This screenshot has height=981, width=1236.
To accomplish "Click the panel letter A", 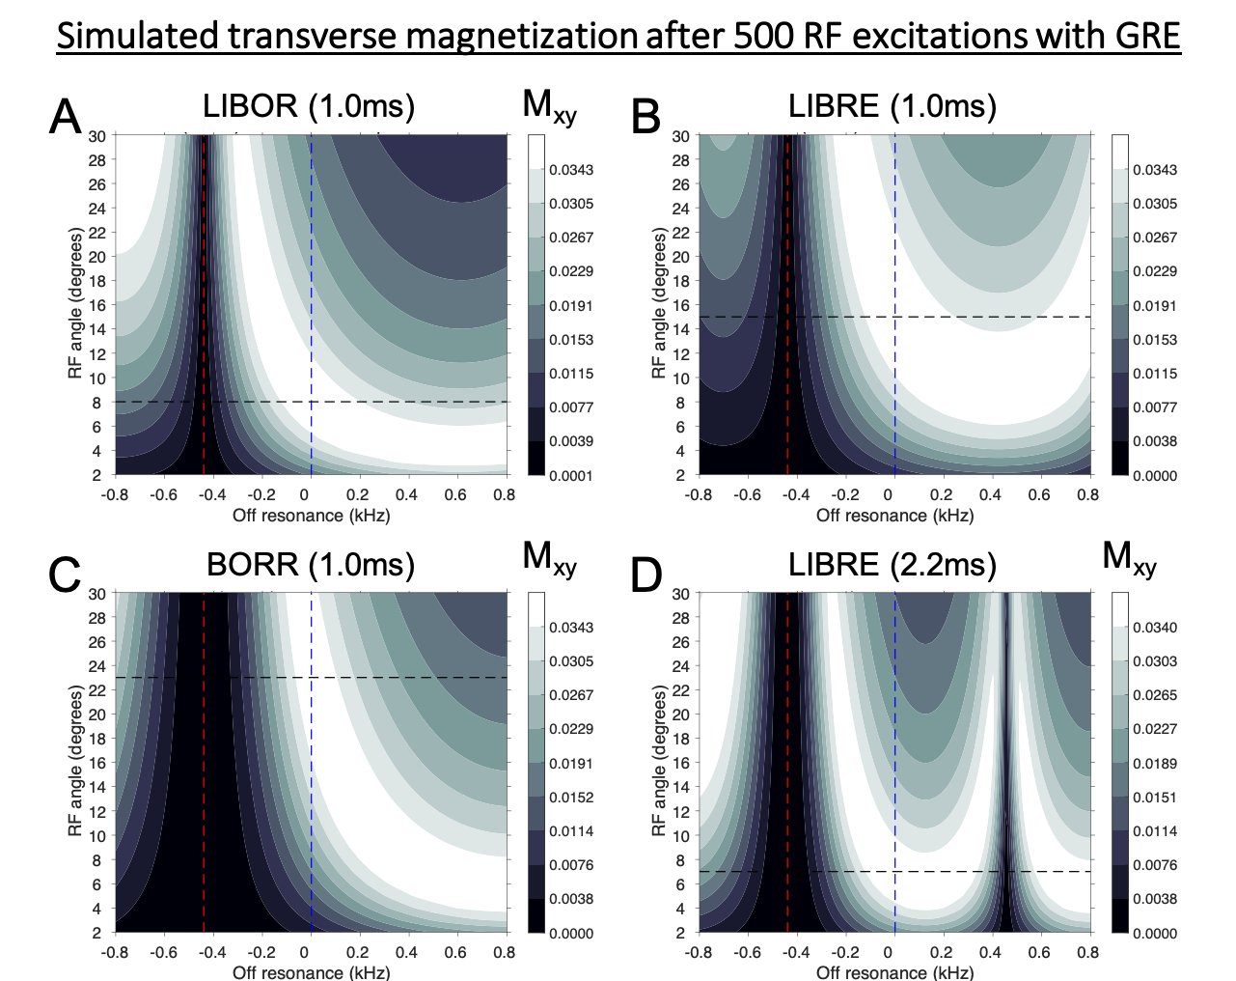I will (66, 118).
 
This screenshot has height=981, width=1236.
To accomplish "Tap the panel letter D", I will (646, 575).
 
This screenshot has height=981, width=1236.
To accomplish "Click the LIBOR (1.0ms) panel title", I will (309, 105).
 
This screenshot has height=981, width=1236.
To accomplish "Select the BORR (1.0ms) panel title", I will (311, 564).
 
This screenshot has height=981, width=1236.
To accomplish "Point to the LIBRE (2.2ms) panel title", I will (893, 564).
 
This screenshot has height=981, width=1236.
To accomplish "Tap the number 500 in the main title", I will (766, 36).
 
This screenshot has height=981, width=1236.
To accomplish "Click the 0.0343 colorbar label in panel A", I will (571, 170).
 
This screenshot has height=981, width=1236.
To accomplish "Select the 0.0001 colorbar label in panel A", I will (571, 475).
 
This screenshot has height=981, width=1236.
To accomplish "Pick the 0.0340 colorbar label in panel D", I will (1155, 628).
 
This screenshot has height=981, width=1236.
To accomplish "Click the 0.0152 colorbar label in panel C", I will (571, 798).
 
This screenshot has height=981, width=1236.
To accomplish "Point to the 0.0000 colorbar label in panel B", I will (1155, 475).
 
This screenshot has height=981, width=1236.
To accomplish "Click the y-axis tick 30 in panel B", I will (681, 136).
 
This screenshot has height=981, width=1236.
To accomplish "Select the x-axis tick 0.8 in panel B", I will (1087, 495).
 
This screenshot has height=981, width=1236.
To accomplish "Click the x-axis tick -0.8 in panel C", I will (115, 953).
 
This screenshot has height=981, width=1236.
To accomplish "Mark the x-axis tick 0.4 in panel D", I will (991, 953).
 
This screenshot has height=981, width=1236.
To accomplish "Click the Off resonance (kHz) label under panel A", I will (311, 516).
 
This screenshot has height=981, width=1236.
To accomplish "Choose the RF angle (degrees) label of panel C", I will (76, 761).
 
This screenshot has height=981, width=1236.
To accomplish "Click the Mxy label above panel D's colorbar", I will (1129, 558).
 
